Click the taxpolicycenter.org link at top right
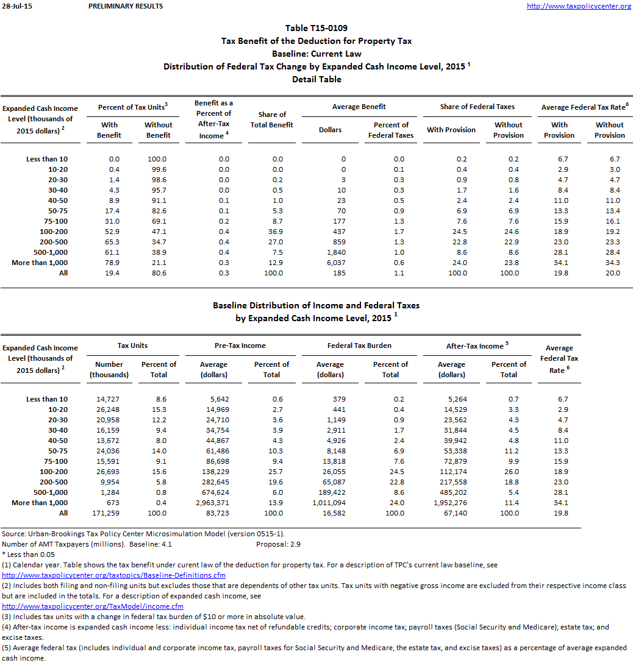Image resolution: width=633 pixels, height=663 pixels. (579, 6)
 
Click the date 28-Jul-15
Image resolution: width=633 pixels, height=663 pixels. (15, 6)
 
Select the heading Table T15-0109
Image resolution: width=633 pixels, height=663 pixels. (316, 28)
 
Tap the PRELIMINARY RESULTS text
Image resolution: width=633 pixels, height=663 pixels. (126, 6)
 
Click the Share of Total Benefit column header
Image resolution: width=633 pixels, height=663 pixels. (272, 119)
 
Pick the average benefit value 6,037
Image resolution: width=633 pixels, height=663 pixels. (336, 263)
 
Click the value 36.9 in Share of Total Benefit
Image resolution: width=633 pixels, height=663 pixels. (276, 232)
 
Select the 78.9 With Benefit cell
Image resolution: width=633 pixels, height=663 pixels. (113, 263)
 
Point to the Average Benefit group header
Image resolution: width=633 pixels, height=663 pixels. (359, 107)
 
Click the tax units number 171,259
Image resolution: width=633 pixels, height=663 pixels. (109, 513)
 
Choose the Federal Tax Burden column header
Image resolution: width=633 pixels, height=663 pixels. (359, 346)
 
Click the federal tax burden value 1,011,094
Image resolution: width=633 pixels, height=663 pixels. (329, 503)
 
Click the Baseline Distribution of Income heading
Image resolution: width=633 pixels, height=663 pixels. (316, 305)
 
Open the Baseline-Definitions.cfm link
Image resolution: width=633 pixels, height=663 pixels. (114, 575)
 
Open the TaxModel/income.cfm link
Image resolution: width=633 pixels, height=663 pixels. (93, 606)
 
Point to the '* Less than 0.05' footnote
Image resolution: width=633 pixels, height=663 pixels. (29, 555)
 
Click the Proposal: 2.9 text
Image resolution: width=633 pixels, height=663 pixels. (278, 544)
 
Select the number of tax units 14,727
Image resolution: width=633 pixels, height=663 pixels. (109, 399)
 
